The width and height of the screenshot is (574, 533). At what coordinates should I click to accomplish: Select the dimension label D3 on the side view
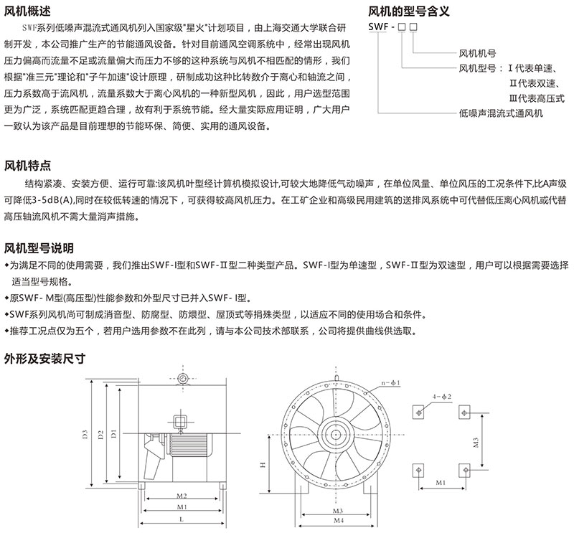tap(83, 435)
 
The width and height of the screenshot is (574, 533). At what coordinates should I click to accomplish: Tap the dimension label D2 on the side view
tap(100, 435)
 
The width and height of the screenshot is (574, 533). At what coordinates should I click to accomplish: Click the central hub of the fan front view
tap(335, 431)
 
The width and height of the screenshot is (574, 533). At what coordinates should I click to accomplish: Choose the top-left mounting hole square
tap(418, 411)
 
